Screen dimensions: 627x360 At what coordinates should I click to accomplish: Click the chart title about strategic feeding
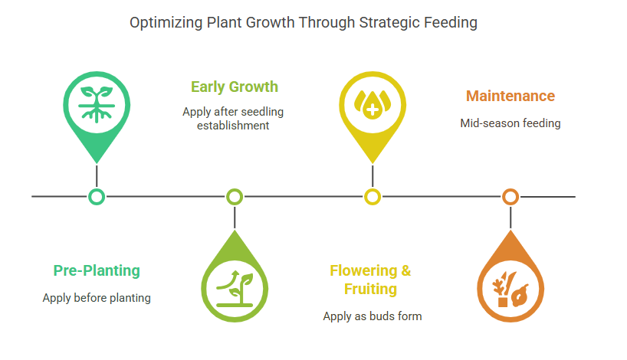303,23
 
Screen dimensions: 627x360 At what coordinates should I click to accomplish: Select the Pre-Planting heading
97,270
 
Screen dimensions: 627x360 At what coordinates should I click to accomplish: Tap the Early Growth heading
235,87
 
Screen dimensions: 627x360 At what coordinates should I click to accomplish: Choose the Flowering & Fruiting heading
370,280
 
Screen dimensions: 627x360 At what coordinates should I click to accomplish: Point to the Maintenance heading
510,96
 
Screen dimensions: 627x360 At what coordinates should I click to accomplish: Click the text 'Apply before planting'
97,298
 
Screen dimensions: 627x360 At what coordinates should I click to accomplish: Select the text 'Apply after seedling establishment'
233,118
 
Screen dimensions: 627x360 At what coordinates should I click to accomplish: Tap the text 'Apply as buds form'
373,316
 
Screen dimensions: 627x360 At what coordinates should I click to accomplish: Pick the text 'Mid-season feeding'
510,123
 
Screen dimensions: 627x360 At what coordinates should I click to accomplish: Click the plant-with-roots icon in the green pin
97,104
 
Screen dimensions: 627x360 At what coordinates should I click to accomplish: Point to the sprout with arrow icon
235,290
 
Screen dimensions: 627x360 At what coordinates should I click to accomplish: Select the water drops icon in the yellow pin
373,105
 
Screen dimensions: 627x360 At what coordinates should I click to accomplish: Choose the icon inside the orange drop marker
510,289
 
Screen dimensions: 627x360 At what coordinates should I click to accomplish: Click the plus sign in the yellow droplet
373,110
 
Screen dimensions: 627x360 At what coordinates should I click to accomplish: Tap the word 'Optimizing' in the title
166,23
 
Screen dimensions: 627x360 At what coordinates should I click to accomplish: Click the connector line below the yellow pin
373,177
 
